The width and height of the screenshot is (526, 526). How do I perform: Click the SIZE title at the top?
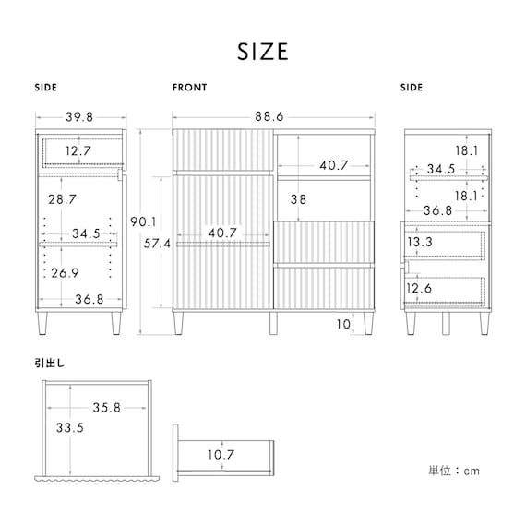coord(263,52)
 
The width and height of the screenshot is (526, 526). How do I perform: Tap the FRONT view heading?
coord(189,88)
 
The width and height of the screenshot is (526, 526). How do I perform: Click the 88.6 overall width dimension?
coord(269,117)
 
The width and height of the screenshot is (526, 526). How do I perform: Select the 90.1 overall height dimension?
coord(143,221)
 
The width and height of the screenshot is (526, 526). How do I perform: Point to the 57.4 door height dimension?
coord(157,244)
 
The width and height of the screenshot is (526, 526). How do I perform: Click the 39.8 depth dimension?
coord(79,117)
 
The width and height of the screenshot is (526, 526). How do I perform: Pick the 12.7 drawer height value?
coord(78,151)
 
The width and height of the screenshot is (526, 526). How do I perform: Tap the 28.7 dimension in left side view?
coord(62,199)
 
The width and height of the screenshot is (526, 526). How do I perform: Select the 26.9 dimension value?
coord(65,273)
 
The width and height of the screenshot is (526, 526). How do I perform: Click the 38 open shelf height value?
coord(298,199)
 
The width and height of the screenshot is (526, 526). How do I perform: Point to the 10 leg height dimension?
coord(343,325)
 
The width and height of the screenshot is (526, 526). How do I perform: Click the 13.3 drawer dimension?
coord(420,242)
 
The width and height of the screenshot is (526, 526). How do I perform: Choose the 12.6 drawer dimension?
coord(419,288)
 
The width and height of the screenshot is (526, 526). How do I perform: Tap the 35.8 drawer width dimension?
coord(107,408)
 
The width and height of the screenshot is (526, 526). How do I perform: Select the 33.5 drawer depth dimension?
coord(70,427)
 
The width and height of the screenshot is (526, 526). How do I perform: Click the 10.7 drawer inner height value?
coord(221,455)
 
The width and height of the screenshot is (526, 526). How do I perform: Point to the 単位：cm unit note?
coord(454,471)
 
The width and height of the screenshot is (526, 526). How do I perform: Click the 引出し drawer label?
coord(50,364)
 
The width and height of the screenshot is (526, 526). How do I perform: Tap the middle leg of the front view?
coord(273,323)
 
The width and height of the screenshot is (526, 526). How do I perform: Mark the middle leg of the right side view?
coord(446,323)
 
